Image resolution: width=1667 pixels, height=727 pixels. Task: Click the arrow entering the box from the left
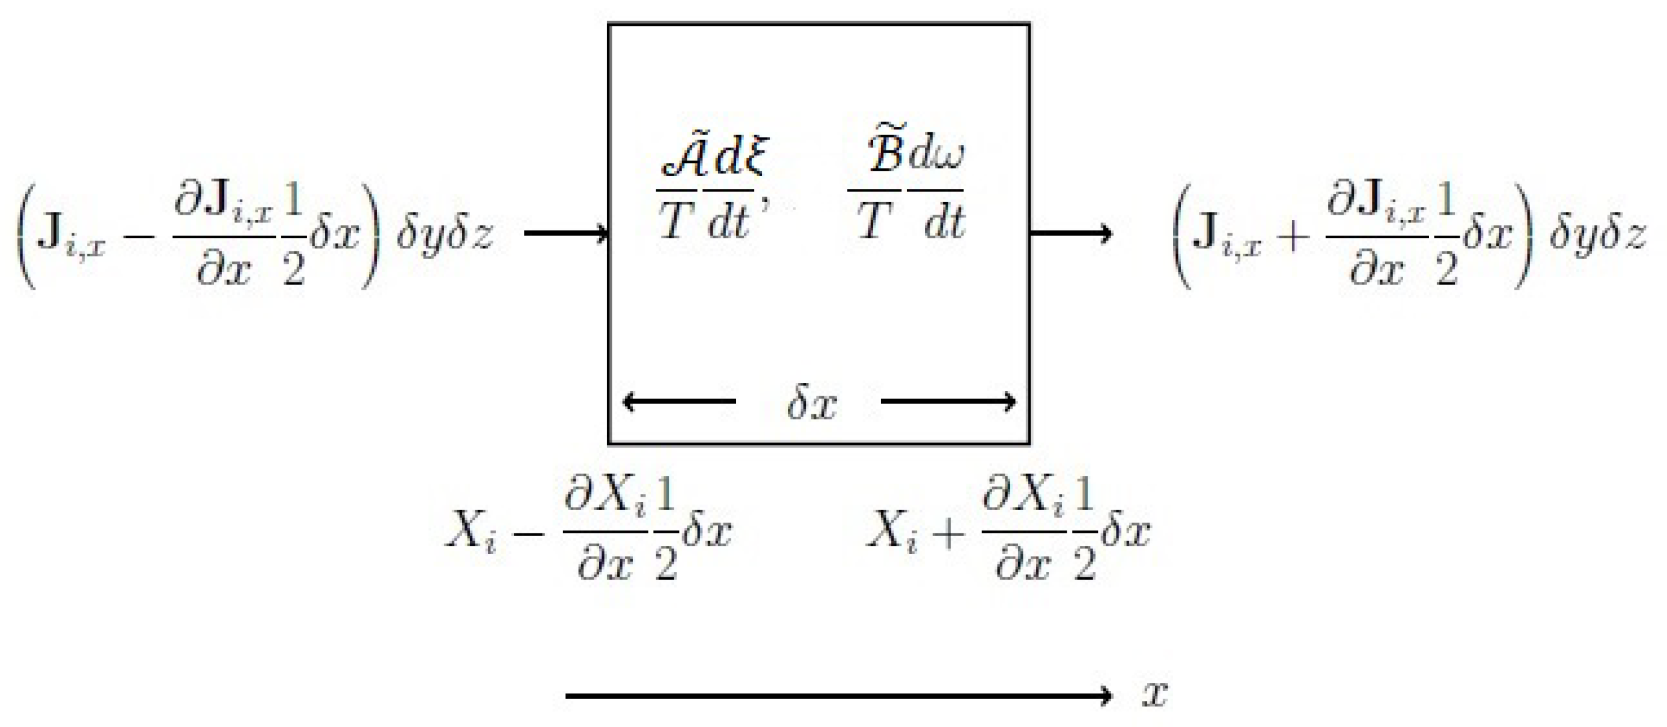click(565, 233)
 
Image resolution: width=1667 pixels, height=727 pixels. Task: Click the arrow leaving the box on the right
click(1071, 233)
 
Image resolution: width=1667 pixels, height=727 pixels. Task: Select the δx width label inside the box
click(811, 404)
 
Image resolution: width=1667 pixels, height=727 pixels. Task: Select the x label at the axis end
click(1154, 695)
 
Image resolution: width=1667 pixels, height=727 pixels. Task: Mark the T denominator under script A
click(675, 221)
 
